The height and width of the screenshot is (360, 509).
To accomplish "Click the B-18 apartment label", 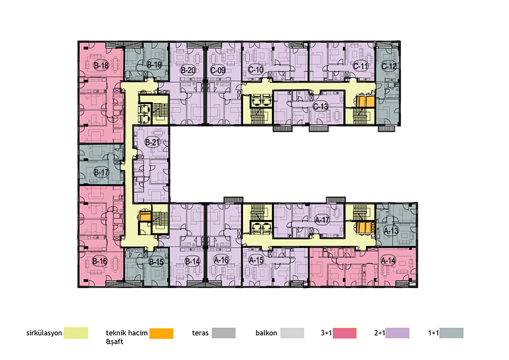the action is coord(101,65).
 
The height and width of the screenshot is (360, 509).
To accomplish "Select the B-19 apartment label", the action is coord(154,65).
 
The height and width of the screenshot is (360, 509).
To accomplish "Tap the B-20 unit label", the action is coord(188,70).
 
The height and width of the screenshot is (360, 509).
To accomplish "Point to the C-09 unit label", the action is coord(218,70).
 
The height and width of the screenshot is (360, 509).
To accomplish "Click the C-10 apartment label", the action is coord(256,70).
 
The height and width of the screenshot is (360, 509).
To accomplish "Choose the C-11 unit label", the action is coord(361,66).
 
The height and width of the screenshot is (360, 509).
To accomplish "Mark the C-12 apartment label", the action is coord(389,66).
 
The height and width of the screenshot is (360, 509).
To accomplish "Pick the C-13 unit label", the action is coord(321,106).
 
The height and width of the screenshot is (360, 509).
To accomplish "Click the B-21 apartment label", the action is coord(152,142).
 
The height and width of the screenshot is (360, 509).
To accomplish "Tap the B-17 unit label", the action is coord(101,172).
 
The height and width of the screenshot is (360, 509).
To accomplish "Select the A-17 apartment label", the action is coord(322,220).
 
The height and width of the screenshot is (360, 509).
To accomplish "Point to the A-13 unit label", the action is coord(391,231).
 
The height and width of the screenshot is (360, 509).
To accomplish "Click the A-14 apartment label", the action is coord(388,260).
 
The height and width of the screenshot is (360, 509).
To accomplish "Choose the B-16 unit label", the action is coord(100,261).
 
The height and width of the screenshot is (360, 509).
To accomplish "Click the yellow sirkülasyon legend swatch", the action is coord(76,333).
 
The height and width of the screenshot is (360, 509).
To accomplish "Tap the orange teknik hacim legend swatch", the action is coord(161,333).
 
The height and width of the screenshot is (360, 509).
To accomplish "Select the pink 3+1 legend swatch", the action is coord(344,333).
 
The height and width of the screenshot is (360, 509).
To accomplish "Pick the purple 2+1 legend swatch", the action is coord(398,333).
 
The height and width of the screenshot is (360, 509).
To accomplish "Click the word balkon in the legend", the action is coord(266,333).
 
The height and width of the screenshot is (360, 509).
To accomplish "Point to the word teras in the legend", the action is coord(200,333).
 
